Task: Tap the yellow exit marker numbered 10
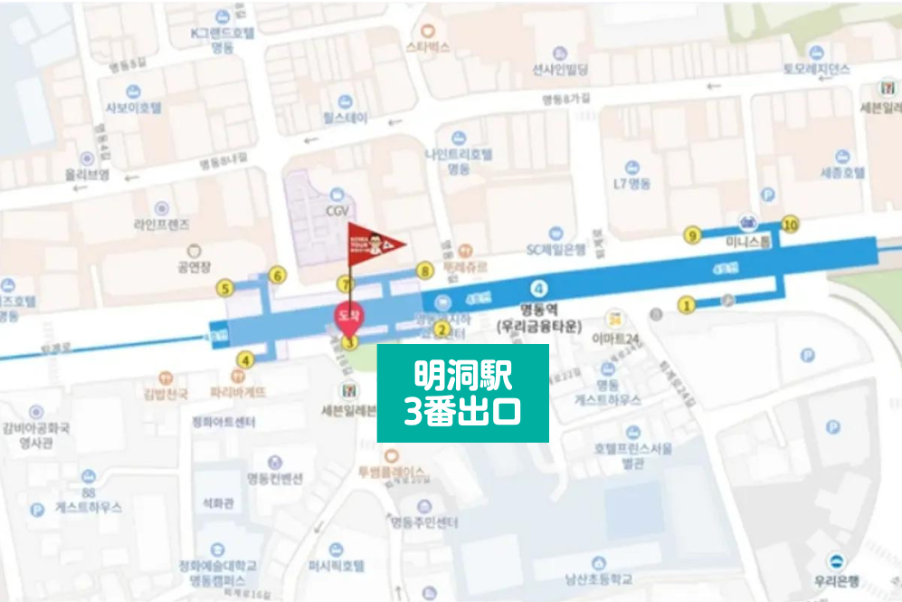click(x=791, y=225)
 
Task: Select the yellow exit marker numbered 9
click(x=693, y=236)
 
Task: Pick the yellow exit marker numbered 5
click(x=223, y=289)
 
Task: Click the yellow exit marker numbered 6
click(x=278, y=275)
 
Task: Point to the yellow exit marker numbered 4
click(x=243, y=359)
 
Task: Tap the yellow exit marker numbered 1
click(x=687, y=306)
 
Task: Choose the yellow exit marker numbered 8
click(x=424, y=271)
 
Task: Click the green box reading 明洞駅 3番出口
click(x=462, y=393)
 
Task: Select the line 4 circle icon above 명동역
click(x=540, y=288)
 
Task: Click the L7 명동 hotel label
click(x=631, y=183)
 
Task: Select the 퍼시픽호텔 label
click(x=336, y=566)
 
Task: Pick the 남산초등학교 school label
click(x=595, y=578)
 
